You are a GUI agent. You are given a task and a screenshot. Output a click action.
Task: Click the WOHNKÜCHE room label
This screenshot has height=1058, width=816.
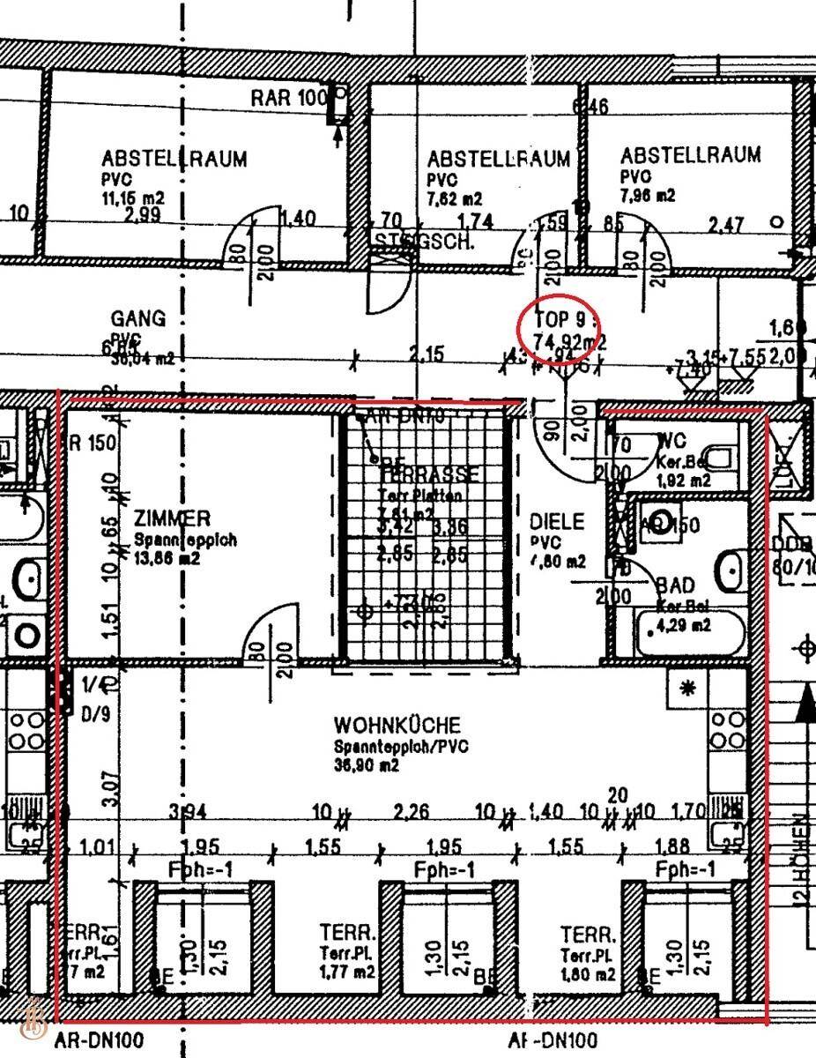pyautogui.click(x=397, y=726)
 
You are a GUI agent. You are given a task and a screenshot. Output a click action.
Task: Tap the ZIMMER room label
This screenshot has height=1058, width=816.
pyautogui.click(x=173, y=518)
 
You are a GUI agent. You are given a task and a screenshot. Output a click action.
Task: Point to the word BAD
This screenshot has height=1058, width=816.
pyautogui.click(x=675, y=585)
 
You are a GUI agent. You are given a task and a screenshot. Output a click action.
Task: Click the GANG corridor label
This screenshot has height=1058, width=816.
pyautogui.click(x=137, y=318)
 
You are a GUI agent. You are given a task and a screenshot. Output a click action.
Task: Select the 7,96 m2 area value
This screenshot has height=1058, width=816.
pyautogui.click(x=648, y=195)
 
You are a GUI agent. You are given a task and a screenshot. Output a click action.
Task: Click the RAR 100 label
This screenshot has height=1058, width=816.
pyautogui.click(x=288, y=98)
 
